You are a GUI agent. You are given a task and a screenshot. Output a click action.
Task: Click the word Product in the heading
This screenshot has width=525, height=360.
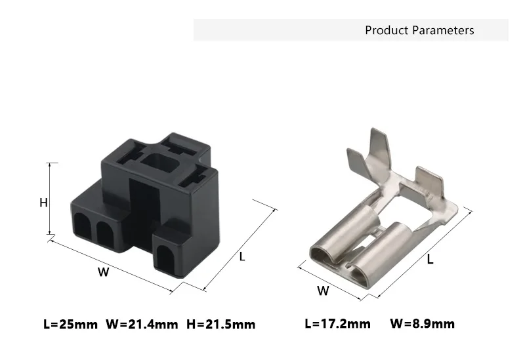(387, 30)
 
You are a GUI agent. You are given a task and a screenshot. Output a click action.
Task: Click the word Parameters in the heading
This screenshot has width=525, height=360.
(443, 30)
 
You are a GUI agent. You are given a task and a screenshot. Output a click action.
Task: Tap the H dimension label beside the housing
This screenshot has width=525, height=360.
(43, 203)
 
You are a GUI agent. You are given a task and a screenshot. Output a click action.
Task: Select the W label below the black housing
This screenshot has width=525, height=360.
(104, 271)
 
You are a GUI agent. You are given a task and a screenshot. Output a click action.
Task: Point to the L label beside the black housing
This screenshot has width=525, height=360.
(242, 256)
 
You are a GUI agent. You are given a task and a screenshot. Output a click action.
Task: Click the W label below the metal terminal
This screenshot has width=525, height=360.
(323, 290)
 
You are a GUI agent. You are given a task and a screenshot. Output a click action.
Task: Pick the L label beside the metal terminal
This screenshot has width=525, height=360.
(430, 259)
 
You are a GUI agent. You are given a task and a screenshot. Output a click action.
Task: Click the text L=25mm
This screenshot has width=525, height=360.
(71, 324)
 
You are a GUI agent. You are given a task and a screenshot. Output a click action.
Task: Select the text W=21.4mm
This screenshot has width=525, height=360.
(142, 324)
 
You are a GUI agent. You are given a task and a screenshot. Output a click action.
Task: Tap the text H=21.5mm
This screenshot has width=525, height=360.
(221, 324)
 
